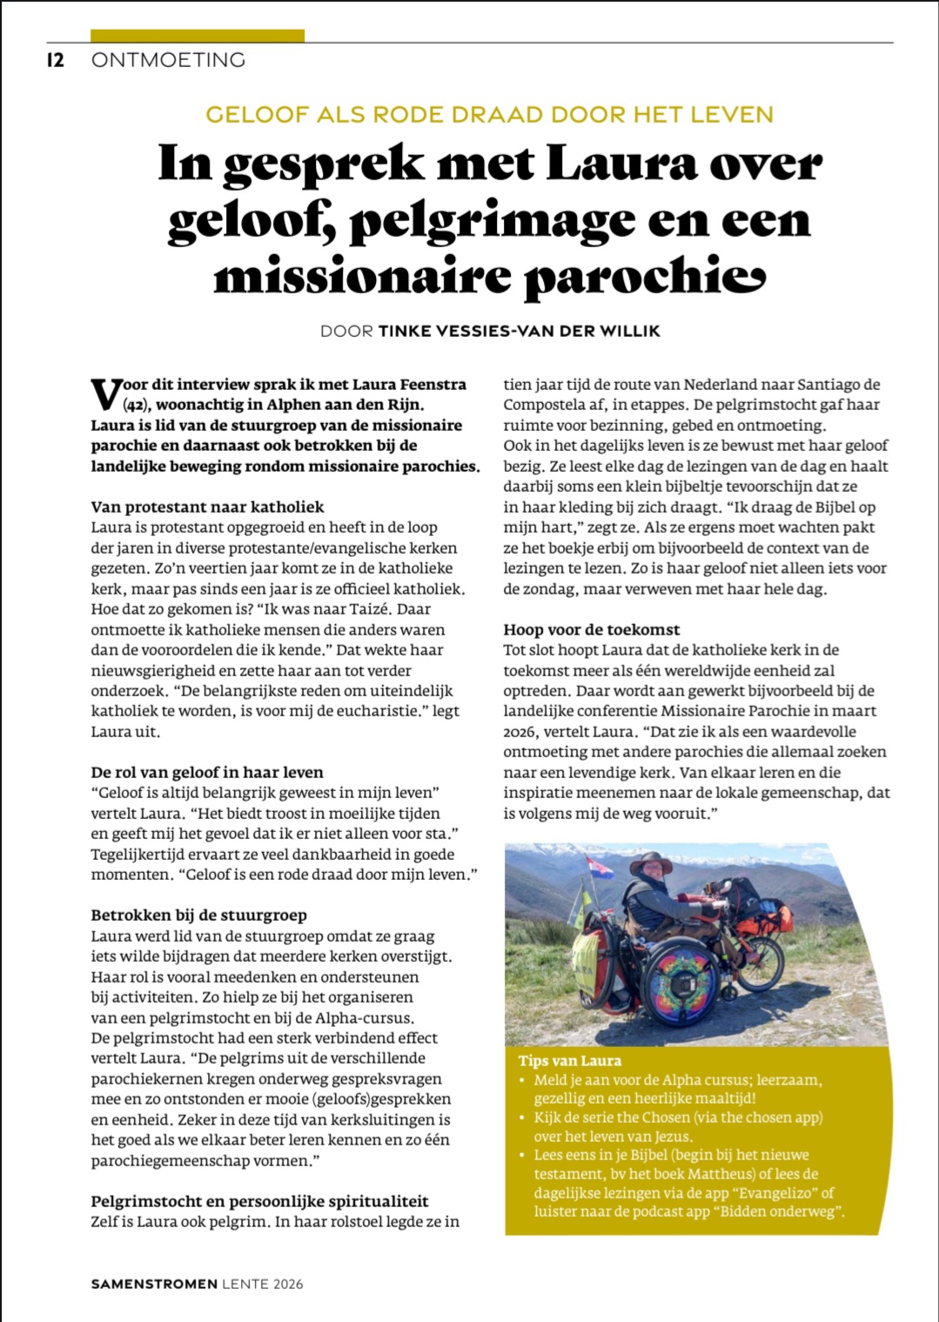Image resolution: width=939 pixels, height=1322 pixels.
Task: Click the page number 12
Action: [56, 60]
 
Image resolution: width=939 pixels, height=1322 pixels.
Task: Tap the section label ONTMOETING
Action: [168, 60]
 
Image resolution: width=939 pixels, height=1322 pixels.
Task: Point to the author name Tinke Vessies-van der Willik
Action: [519, 332]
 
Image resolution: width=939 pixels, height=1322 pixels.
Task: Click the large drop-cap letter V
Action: [105, 393]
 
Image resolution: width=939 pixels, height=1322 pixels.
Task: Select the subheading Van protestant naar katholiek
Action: [207, 507]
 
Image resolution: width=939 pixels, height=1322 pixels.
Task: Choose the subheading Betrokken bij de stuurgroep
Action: [199, 916]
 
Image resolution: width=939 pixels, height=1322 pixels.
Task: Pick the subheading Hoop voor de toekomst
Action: [592, 629]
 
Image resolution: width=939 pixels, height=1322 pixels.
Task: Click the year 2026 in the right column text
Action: [519, 732]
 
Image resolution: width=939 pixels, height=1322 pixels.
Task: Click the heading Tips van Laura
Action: [570, 1061]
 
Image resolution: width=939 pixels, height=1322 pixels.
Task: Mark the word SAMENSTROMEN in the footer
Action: [154, 1284]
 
